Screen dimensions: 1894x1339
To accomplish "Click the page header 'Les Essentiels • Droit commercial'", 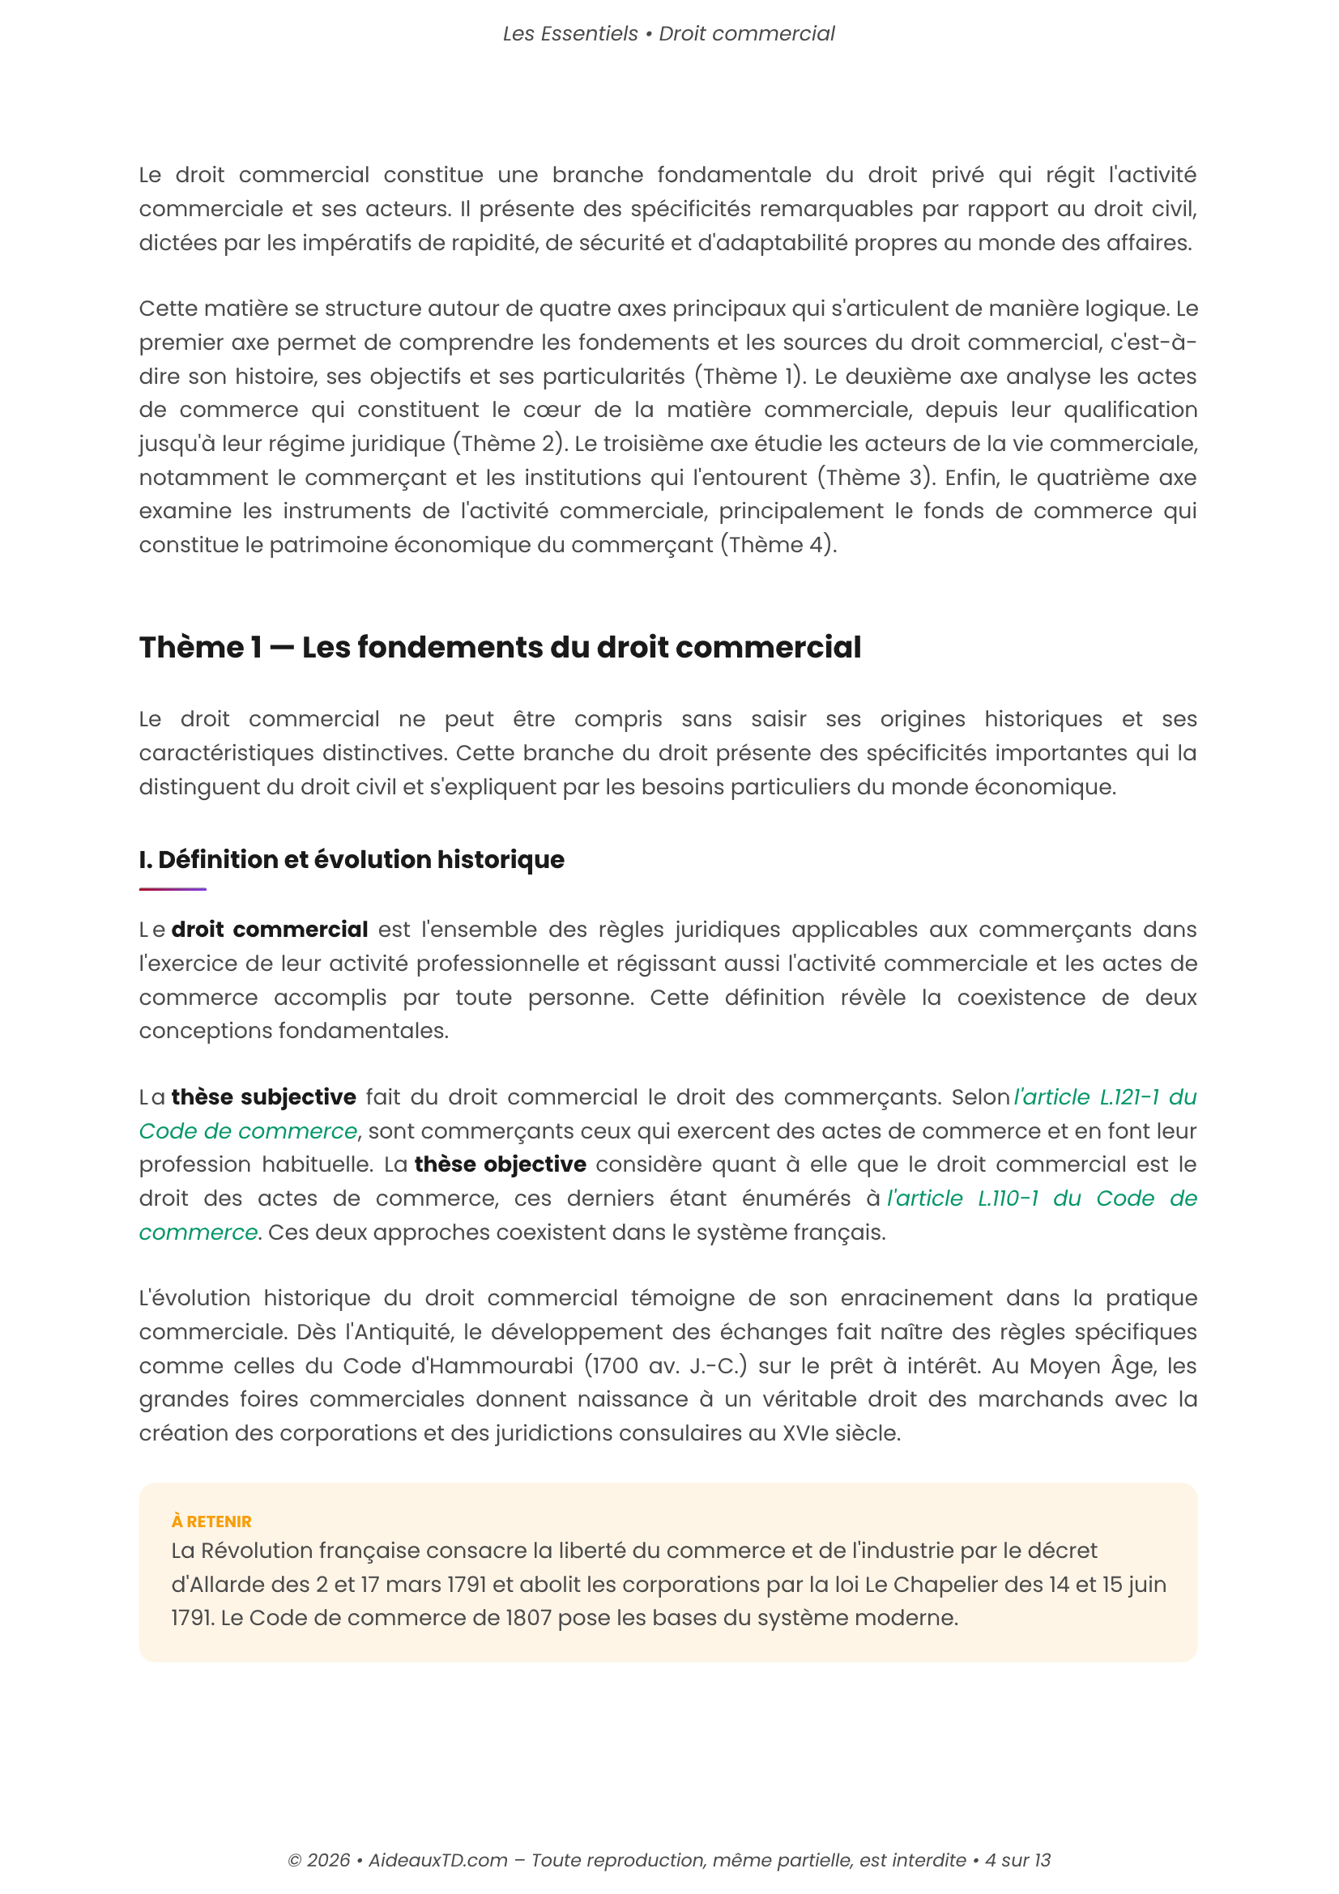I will [668, 34].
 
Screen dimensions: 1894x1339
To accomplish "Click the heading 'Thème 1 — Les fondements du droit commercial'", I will [500, 648].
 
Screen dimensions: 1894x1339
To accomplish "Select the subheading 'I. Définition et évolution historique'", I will [352, 860].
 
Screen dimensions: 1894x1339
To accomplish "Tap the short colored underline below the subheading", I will [173, 889].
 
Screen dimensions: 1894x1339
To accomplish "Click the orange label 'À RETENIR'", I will [211, 1522].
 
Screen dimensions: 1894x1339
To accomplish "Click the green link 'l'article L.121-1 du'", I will [1105, 1097].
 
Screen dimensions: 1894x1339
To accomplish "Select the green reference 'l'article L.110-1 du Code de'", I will [1041, 1198].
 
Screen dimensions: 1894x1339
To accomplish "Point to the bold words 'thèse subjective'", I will [263, 1097].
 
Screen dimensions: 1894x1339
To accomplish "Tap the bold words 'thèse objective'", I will [500, 1164].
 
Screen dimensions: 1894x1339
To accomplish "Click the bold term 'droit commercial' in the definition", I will [269, 930].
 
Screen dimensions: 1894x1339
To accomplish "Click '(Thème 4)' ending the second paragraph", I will [778, 545].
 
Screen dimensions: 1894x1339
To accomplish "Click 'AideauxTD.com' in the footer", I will [437, 1860].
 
